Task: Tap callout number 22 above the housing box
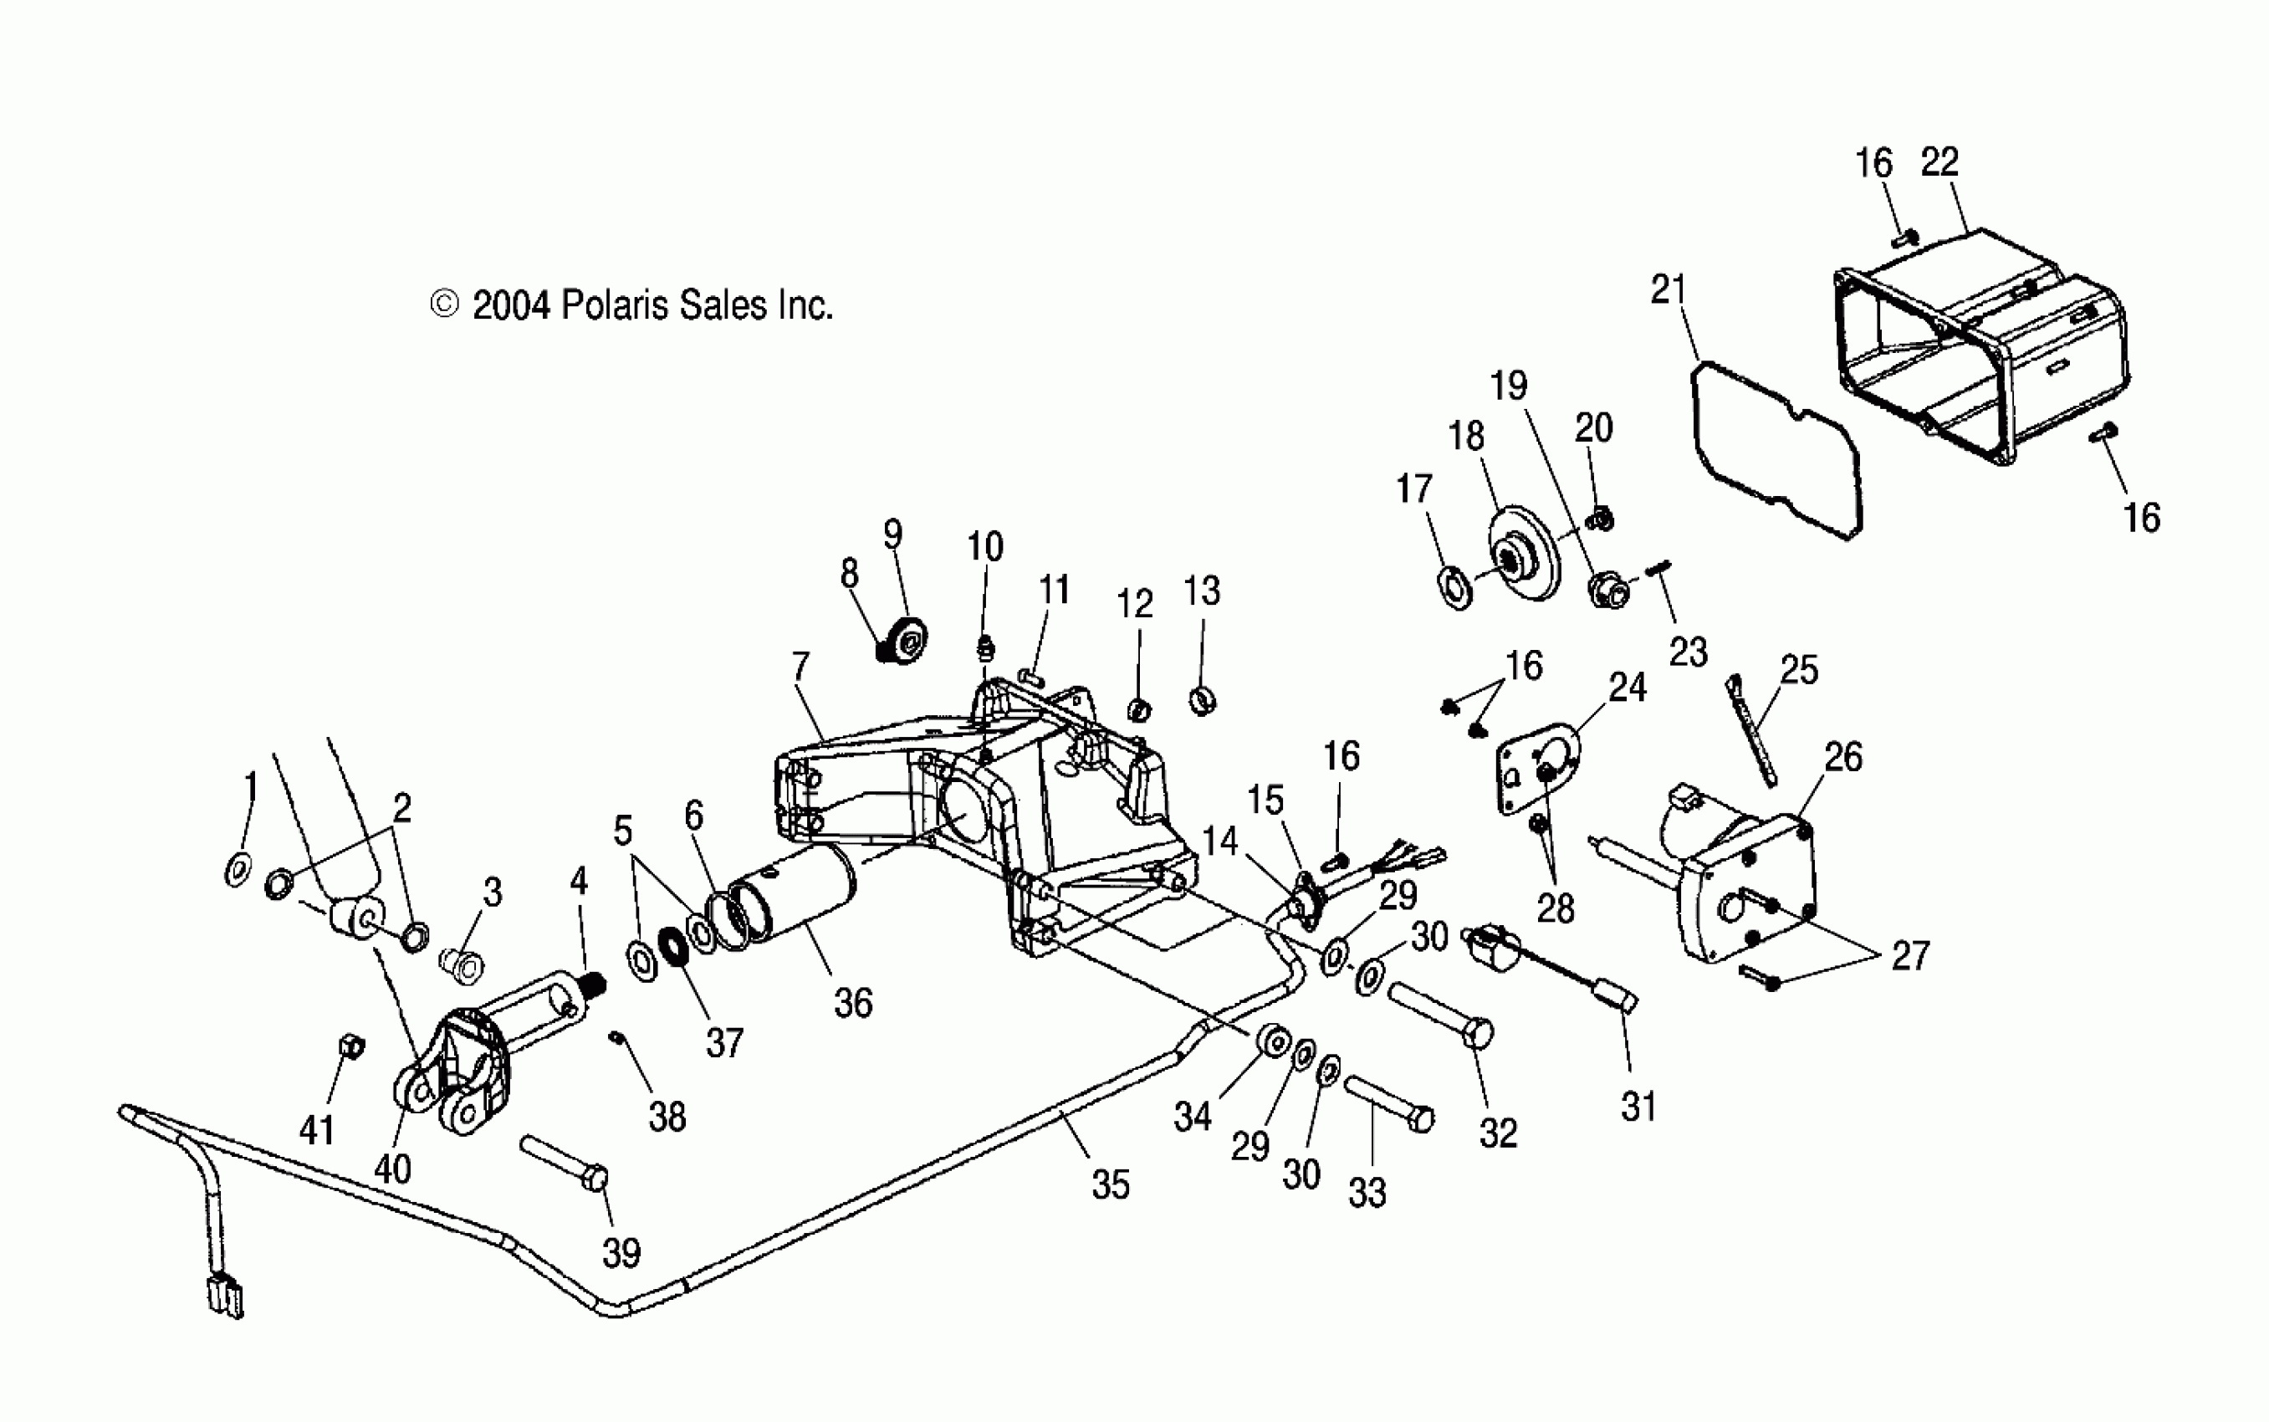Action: point(1939,163)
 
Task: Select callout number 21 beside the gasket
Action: point(1669,289)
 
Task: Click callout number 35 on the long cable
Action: point(1110,1185)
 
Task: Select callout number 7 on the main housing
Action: point(800,667)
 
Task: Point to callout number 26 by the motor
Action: point(1843,757)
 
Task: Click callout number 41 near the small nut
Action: point(317,1129)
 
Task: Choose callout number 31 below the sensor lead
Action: point(1638,1107)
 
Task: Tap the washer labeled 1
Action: point(238,870)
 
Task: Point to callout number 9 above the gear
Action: point(892,535)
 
